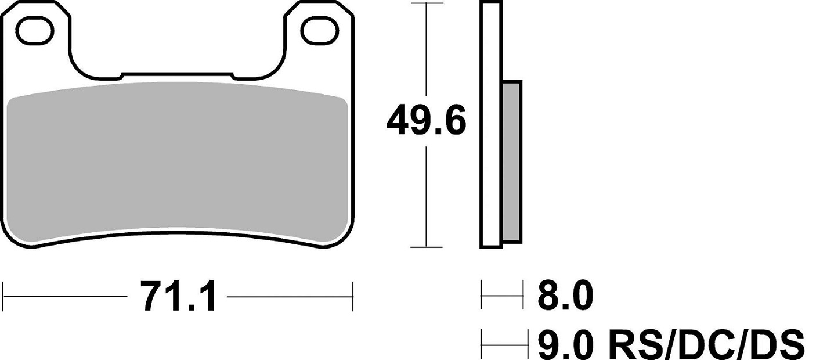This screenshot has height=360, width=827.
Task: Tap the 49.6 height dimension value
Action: [426, 121]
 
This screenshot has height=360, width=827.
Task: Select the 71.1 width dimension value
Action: [178, 297]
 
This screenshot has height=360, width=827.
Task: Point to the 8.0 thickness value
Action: [565, 296]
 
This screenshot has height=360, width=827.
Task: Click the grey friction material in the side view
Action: [512, 162]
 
